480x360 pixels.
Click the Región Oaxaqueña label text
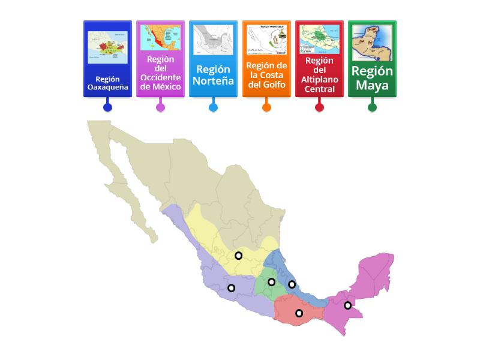point(107,83)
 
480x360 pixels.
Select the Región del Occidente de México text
point(160,73)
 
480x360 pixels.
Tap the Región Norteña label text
point(213,75)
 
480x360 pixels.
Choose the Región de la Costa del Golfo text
point(266,74)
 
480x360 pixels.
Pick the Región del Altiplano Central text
point(319,75)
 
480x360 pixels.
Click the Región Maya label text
point(372,78)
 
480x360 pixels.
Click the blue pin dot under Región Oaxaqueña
point(107,107)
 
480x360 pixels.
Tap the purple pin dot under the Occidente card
point(160,107)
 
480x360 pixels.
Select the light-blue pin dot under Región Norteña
point(213,107)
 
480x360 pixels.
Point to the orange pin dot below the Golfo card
point(266,107)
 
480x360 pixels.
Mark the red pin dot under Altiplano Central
point(319,107)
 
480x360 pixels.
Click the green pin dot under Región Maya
point(372,107)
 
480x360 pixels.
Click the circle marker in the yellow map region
point(238,256)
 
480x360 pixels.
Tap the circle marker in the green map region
point(271,282)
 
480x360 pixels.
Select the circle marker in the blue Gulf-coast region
point(292,284)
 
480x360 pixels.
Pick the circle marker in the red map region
point(299,313)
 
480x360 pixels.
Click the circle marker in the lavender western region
point(231,288)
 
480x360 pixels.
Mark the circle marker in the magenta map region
point(347,305)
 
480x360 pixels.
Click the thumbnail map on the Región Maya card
point(372,43)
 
